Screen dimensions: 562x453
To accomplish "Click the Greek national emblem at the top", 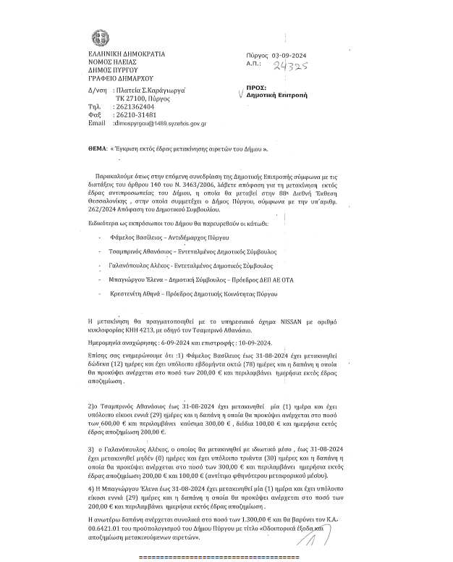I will pos(97,38).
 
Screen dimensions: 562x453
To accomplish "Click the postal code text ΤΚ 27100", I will pos(132,98).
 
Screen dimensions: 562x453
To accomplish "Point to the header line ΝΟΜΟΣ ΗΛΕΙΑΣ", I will pos(113,62).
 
